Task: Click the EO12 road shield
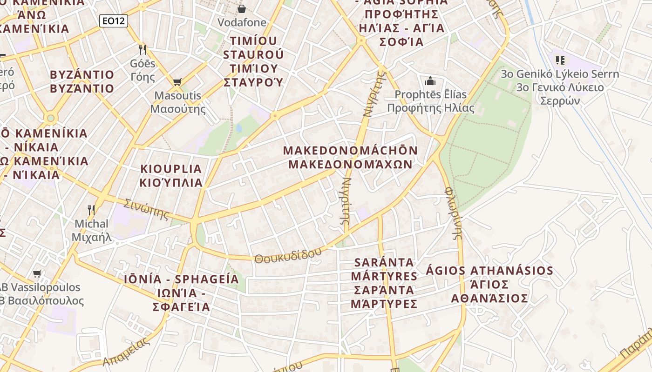(x=114, y=20)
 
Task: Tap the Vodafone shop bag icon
(x=242, y=8)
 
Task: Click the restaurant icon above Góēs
(x=143, y=49)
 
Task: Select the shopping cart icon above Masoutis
(x=177, y=82)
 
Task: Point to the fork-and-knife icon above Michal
(x=91, y=210)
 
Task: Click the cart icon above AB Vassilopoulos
(x=37, y=273)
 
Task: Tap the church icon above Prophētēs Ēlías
(x=430, y=81)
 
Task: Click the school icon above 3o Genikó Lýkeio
(x=560, y=60)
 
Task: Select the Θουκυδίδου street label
(x=288, y=255)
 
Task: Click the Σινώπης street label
(x=146, y=209)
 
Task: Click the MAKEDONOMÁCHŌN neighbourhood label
(x=350, y=151)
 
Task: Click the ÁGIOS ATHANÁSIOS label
(x=489, y=271)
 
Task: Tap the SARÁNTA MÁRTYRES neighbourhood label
(x=384, y=269)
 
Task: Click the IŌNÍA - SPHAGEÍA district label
(x=182, y=279)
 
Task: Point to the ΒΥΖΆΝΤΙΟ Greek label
(x=82, y=88)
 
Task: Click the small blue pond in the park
(x=239, y=128)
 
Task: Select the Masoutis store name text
(x=178, y=96)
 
